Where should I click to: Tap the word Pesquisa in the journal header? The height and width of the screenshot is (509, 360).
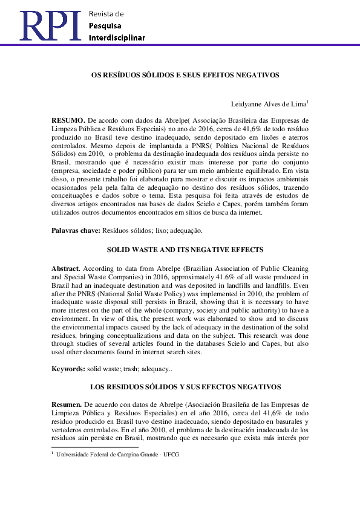tap(105, 26)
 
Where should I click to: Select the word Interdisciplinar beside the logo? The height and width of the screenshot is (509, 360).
tap(117, 38)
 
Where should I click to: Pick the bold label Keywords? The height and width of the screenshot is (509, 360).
tap(67, 368)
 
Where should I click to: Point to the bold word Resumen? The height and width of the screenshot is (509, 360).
tap(67, 404)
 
